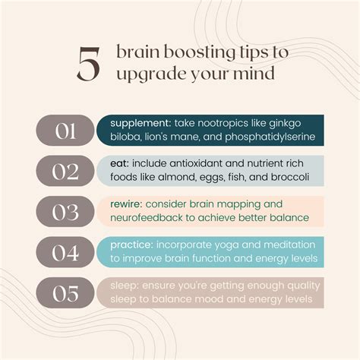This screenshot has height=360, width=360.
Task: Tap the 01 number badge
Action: click(65, 131)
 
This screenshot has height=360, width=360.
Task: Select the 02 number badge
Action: click(65, 172)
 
